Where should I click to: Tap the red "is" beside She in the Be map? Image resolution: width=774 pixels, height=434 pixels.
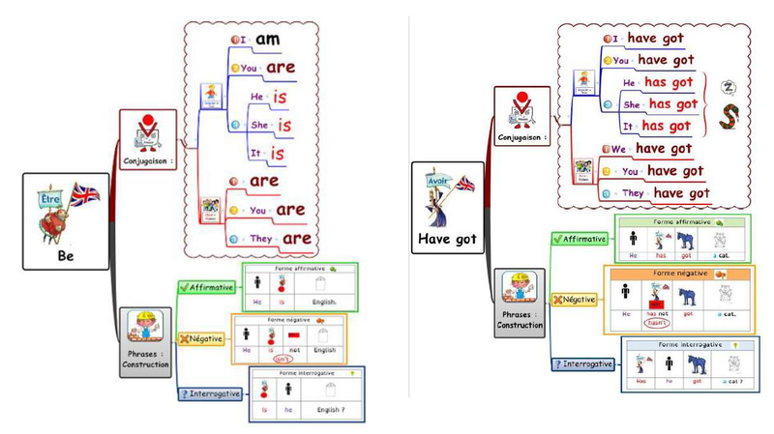click(x=284, y=125)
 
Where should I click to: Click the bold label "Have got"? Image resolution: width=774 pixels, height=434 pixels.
click(x=448, y=238)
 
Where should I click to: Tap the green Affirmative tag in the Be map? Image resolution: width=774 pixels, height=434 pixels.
click(x=208, y=288)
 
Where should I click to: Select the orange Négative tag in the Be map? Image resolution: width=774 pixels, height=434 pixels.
click(x=200, y=338)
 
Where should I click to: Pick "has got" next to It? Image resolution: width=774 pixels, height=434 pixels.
click(x=667, y=126)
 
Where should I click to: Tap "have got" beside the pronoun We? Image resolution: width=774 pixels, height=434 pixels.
click(x=664, y=148)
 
